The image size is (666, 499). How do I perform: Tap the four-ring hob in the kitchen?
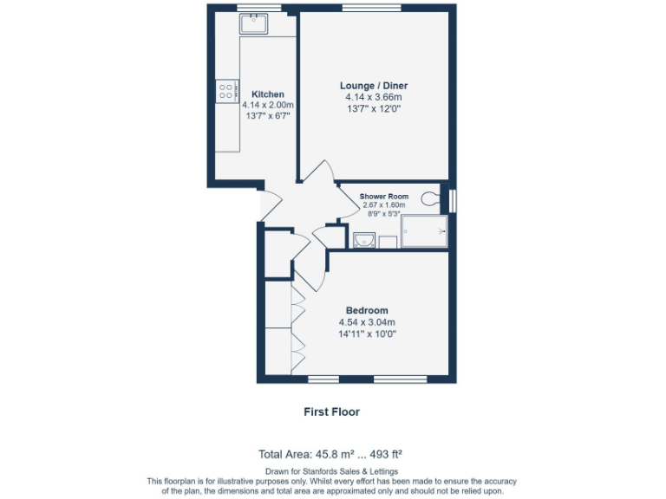pos(228,89)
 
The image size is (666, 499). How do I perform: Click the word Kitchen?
pos(268,94)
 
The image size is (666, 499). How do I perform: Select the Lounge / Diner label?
pos(373,86)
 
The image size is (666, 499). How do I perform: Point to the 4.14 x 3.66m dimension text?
pos(373,98)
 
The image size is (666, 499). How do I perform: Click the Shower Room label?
pos(384,197)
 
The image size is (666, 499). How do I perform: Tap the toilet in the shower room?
pos(431,198)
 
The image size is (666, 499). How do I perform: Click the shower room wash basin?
pos(364,239)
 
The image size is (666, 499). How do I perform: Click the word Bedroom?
pos(367,310)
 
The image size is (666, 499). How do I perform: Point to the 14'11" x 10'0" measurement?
pos(367,334)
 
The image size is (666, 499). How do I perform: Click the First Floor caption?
pos(331,412)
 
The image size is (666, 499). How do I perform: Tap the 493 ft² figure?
pos(382,453)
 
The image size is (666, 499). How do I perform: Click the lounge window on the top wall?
pos(364,8)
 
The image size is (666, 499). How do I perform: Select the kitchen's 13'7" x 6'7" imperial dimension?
pos(268,115)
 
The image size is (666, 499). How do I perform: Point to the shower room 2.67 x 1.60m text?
pos(384,204)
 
